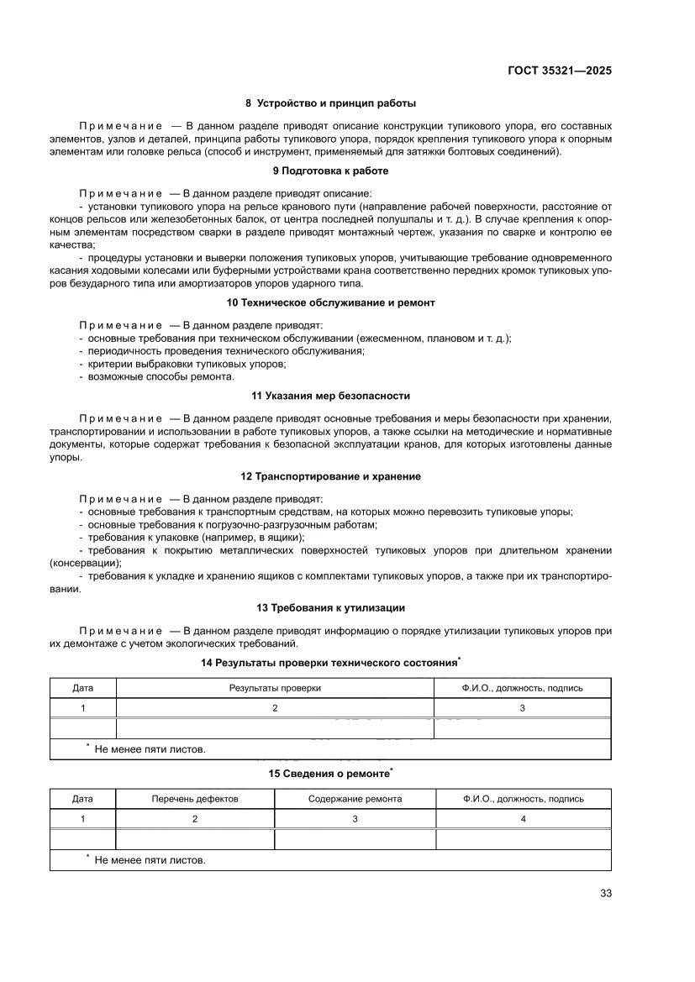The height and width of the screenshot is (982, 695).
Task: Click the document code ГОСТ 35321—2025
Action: pos(559,71)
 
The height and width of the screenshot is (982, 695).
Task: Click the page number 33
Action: pos(605,893)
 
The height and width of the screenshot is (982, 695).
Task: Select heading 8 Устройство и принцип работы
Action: pos(330,104)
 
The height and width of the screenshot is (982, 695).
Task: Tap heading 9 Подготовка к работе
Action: pos(330,171)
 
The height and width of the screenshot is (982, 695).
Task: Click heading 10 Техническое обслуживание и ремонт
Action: pos(330,302)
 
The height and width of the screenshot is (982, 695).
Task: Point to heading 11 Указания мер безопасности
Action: pos(330,396)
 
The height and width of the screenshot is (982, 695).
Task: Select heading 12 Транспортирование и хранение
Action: pos(330,476)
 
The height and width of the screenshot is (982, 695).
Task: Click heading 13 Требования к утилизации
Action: pos(330,607)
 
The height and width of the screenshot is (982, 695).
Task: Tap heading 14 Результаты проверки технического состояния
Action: pos(330,663)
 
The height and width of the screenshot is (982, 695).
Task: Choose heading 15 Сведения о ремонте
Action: pos(330,773)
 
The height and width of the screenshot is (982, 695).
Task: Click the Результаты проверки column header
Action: pos(275,688)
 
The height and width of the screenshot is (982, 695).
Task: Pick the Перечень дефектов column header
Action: pos(195,799)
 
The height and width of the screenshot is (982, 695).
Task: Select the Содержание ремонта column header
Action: pos(355,799)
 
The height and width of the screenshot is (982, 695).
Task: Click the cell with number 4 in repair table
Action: pos(523,819)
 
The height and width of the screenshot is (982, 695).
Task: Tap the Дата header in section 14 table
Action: pos(82,688)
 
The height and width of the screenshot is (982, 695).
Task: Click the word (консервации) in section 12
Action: pos(85,563)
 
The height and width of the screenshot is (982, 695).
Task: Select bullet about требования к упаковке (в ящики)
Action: pos(196,537)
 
